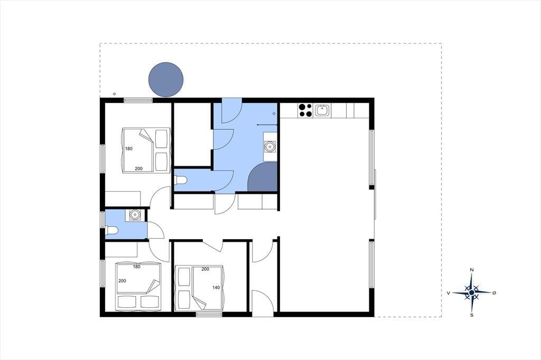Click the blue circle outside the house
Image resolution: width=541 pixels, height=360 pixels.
165,80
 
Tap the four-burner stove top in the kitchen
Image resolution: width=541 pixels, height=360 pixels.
305,110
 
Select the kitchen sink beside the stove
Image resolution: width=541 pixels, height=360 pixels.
322,111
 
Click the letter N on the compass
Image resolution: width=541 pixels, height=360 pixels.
472,270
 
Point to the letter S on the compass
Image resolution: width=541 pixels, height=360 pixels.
472,315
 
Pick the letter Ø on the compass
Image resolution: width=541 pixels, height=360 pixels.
494,293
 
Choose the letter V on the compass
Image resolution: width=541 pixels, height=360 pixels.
449,293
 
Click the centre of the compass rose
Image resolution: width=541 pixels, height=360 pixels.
472,292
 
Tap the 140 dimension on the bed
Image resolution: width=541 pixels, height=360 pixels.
216,288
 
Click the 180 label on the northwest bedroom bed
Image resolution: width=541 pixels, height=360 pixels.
129,149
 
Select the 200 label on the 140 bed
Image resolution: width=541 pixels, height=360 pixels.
206,269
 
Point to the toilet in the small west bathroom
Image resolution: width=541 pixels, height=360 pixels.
112,230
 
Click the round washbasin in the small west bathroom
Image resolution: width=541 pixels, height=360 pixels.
135,215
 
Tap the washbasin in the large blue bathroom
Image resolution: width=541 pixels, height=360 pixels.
269,147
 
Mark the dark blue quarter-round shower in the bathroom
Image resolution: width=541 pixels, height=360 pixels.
263,177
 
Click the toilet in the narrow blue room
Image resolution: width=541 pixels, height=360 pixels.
181,179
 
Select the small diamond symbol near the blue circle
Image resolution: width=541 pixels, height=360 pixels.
115,93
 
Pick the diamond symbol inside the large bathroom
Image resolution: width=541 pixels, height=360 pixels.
274,113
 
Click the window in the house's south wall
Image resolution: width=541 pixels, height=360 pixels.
209,314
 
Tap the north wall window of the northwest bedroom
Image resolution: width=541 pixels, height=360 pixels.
138,100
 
